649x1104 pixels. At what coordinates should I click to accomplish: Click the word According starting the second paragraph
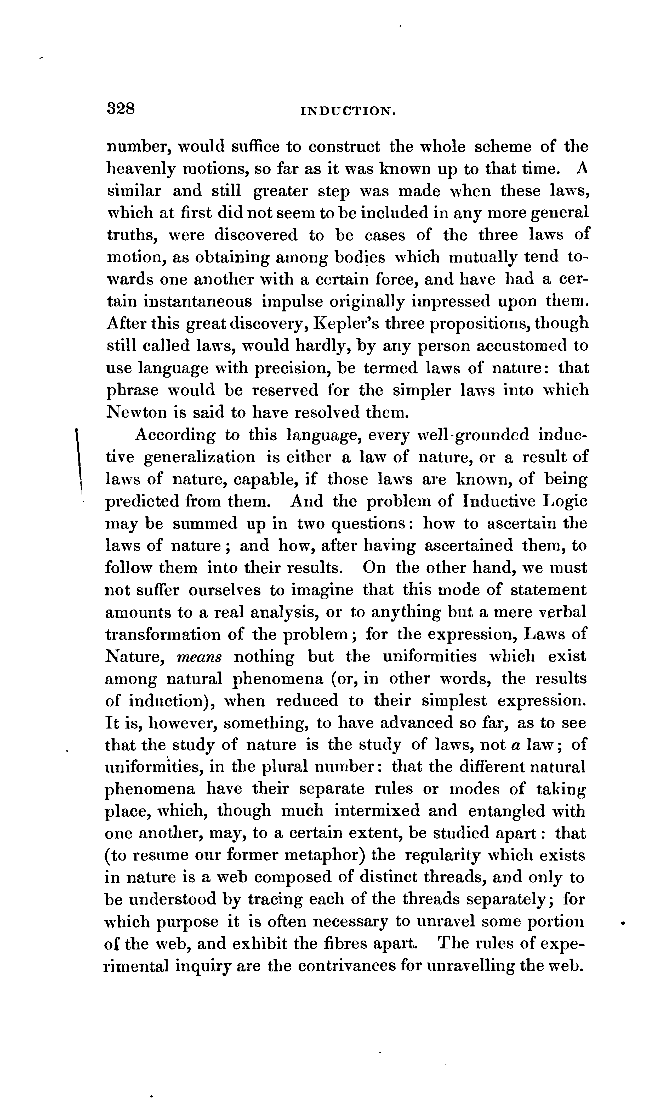(175, 435)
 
